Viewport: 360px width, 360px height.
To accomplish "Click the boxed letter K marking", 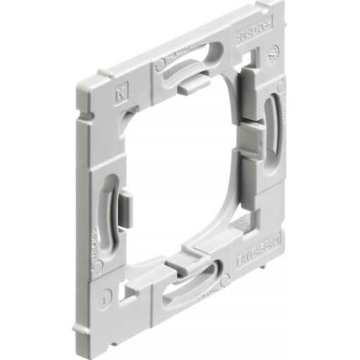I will [x=117, y=91].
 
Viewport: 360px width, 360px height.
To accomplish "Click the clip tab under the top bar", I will [x=191, y=85].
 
